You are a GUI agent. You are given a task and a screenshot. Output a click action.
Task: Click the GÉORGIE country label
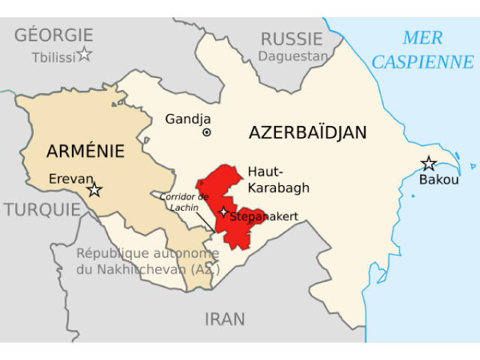54,34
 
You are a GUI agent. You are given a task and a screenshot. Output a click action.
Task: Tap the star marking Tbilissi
85,54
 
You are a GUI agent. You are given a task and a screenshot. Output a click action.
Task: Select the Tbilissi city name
52,57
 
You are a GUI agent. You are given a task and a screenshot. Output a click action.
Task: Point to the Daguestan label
293,56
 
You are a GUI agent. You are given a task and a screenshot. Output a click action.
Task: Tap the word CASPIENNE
422,61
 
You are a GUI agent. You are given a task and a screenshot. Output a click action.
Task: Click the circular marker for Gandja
206,133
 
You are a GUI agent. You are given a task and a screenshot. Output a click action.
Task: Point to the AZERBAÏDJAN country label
307,133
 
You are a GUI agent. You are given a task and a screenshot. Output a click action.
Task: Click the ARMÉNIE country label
85,151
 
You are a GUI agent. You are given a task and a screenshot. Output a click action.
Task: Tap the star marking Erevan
94,190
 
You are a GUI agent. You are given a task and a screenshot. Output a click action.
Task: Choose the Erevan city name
70,178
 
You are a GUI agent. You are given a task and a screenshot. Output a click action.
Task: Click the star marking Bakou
428,163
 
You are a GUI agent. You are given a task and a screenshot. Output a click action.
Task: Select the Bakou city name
437,181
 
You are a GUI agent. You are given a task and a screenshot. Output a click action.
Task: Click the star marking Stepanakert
223,212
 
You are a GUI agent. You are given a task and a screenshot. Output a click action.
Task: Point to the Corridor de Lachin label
182,201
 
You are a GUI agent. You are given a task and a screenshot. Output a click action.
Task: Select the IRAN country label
225,319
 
